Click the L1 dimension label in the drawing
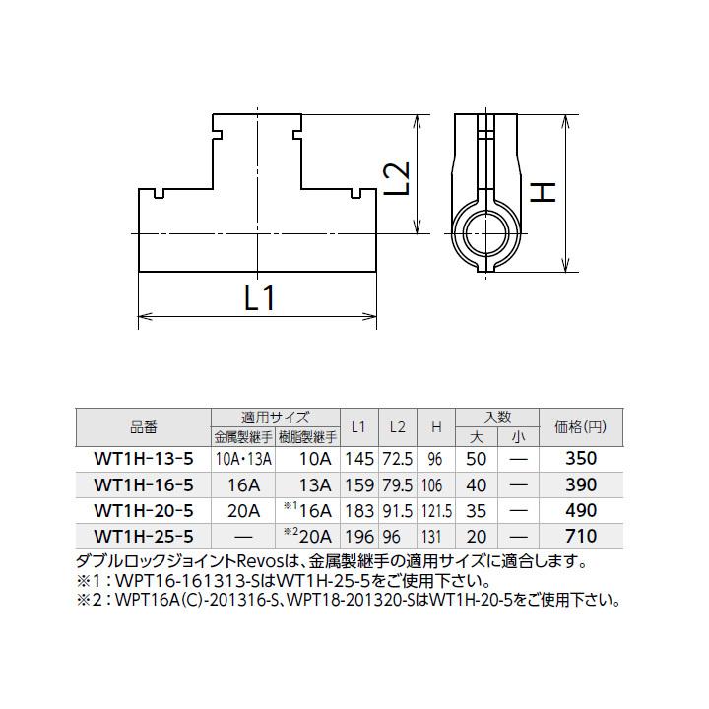pyautogui.click(x=258, y=297)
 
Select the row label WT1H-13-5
pyautogui.click(x=143, y=458)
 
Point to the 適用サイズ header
pyautogui.click(x=276, y=417)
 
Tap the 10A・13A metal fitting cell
pyautogui.click(x=243, y=458)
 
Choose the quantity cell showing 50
pyautogui.click(x=476, y=458)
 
